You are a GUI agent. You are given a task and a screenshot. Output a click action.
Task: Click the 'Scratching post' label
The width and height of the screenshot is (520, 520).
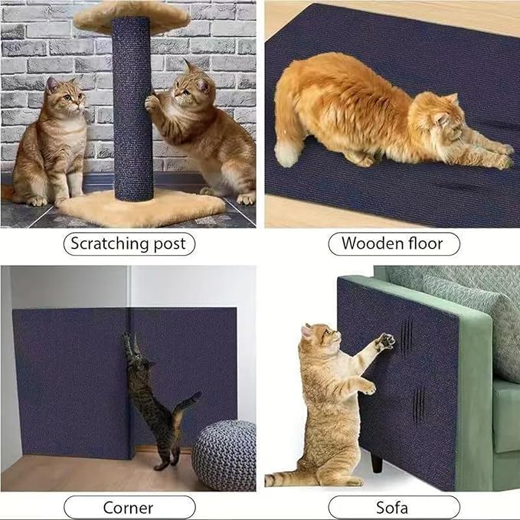(x=129, y=244)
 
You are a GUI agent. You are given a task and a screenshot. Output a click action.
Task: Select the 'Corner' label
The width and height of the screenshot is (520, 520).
(x=129, y=507)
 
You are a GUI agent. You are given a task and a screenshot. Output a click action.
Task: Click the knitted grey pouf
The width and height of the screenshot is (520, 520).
(x=223, y=455)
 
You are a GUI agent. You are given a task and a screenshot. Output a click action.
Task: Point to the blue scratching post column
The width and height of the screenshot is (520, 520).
(x=132, y=115)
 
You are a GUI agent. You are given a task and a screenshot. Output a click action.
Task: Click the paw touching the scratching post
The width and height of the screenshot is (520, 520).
(x=152, y=103)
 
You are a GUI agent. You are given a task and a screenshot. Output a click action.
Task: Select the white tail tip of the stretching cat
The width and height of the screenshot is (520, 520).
(x=287, y=154)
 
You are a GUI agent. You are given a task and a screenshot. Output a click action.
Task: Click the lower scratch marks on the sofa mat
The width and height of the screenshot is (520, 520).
(x=418, y=404)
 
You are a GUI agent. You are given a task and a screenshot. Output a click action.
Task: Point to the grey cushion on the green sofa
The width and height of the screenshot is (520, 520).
(x=475, y=306)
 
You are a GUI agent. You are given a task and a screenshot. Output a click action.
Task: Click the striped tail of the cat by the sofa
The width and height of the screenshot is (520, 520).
(x=287, y=479)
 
